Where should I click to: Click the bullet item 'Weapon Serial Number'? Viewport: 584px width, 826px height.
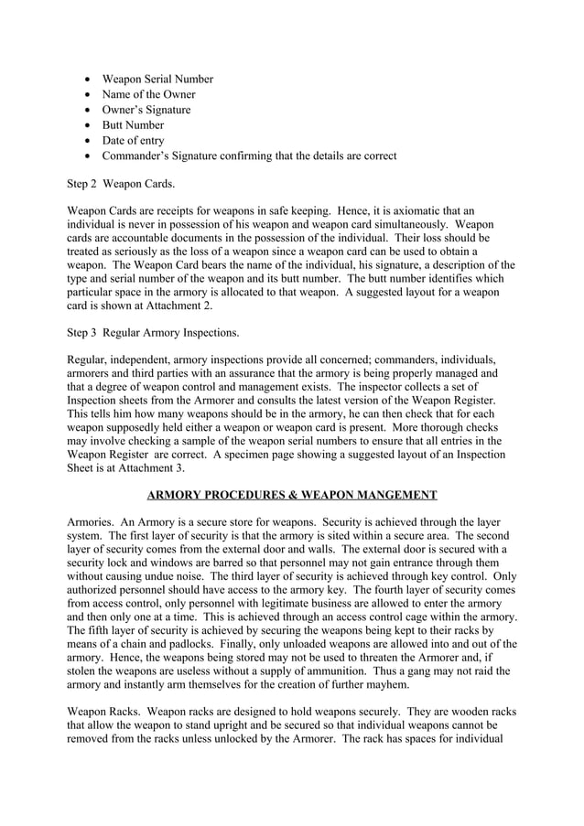[157, 79]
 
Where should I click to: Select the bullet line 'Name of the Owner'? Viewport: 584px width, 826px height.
[148, 94]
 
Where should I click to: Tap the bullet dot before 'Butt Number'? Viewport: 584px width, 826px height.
[87, 125]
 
